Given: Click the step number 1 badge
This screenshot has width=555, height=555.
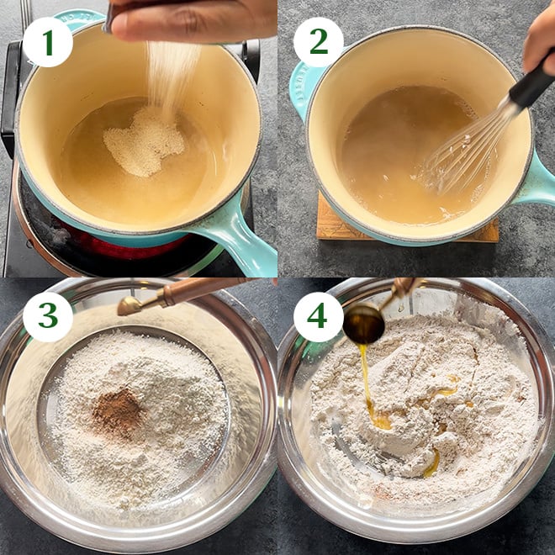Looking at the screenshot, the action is tap(48, 42).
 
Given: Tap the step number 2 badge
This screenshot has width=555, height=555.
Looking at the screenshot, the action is tap(318, 42).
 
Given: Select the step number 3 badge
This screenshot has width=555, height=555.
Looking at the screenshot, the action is tap(48, 317).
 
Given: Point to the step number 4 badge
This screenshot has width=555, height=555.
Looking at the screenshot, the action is tap(318, 317).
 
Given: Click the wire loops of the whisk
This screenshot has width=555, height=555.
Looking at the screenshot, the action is tap(460, 152).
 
